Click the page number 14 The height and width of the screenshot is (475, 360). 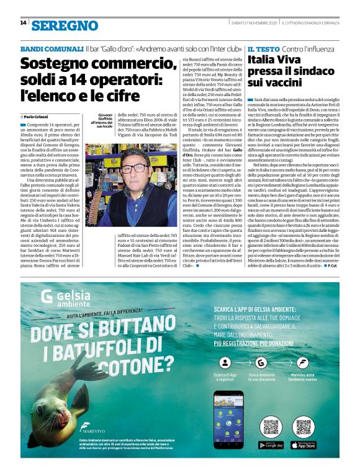pyautogui.click(x=23, y=24)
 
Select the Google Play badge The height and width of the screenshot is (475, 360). pyautogui.click(x=271, y=445)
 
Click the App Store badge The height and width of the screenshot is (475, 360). pyautogui.click(x=303, y=445)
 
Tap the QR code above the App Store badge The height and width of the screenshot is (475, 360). pyautogui.click(x=303, y=427)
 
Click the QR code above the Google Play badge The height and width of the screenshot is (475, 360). pyautogui.click(x=271, y=427)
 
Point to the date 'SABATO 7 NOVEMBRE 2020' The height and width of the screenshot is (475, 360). pyautogui.click(x=253, y=23)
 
